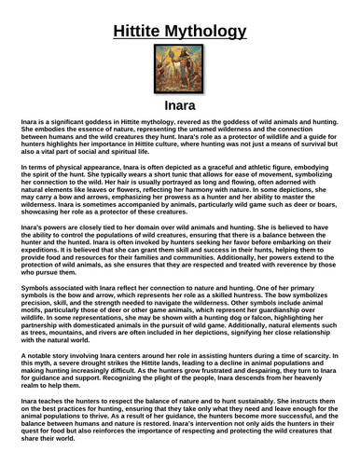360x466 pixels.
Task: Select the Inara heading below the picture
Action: point(179,110)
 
